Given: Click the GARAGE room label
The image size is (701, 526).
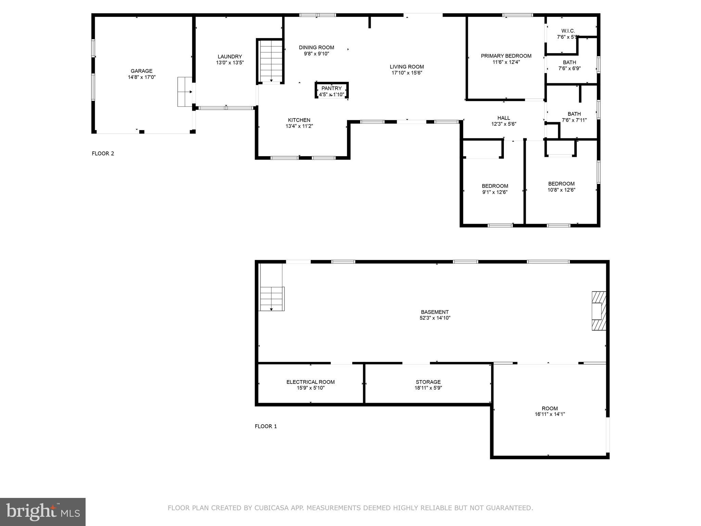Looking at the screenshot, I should click(141, 71).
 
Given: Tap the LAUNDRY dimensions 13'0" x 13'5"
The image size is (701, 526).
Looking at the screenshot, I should click(230, 63).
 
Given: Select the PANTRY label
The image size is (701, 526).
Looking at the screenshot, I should click(331, 88).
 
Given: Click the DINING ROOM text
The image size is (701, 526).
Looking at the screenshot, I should click(316, 48).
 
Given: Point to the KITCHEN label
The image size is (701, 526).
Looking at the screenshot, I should click(299, 120).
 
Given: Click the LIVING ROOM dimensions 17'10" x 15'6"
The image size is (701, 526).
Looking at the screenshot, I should click(407, 73).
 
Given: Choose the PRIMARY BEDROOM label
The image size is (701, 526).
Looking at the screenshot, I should click(506, 56).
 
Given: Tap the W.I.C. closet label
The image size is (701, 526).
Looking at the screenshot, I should click(568, 31).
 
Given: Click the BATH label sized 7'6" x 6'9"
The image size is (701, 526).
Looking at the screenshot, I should click(569, 62).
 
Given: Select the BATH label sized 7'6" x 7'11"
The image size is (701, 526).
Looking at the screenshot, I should click(574, 114).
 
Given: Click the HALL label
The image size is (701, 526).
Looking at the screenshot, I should click(504, 118).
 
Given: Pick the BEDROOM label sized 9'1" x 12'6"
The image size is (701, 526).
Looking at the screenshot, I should click(495, 186).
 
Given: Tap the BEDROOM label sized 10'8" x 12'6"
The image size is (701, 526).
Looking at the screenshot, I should click(561, 184).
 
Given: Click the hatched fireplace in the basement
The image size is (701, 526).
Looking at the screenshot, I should click(599, 311).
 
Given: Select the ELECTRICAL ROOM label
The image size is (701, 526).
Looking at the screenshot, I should click(310, 382).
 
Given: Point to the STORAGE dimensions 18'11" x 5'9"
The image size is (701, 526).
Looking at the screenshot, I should click(428, 388).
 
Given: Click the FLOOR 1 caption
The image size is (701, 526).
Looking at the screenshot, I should click(266, 426).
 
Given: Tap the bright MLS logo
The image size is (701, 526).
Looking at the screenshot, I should click(42, 512).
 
